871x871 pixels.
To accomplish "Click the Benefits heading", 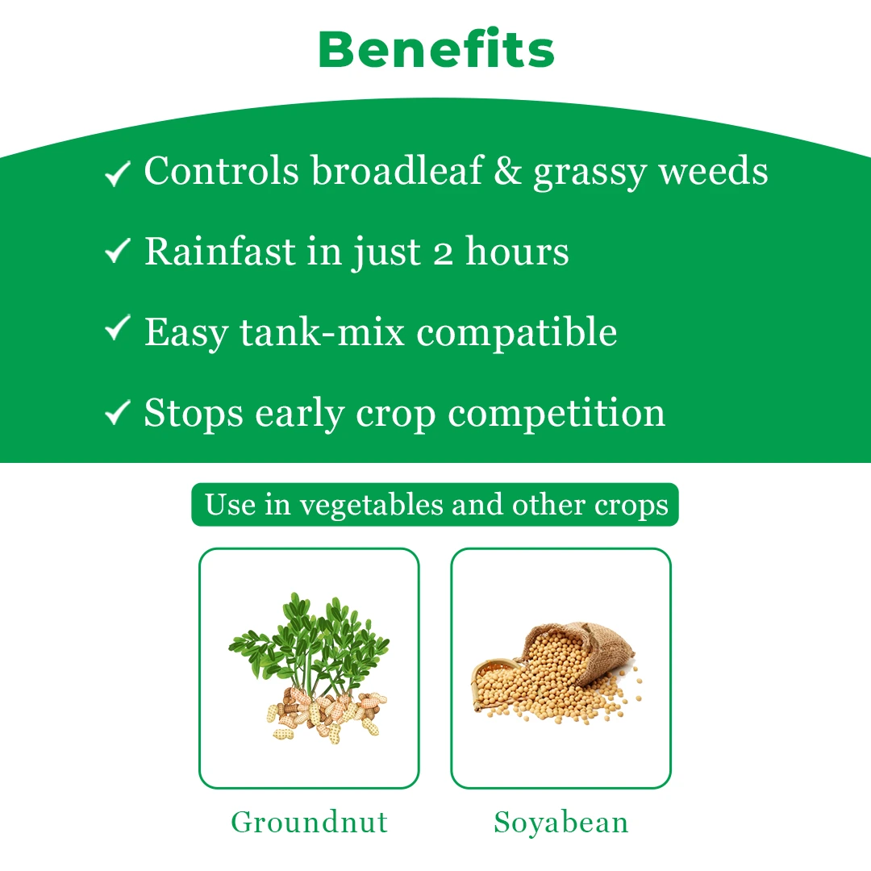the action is point(436,49).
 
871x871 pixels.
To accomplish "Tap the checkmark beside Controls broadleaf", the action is point(117,173).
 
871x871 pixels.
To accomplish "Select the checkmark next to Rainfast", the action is point(117,250).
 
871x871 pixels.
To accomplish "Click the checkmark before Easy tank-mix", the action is point(117,327).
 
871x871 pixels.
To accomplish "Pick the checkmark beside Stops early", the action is point(117,412).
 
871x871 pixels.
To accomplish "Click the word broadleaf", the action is point(397,170).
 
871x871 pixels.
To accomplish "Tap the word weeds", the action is point(713,170).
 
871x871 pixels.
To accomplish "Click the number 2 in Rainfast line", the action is point(443,253).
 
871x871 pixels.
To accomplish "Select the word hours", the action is point(517,251).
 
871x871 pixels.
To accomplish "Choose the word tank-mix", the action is point(322,332).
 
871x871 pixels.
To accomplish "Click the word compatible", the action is point(517,333).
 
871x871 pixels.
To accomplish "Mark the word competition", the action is point(556,414).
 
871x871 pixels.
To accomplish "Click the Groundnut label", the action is point(309,822).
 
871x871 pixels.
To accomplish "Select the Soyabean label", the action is point(561,822).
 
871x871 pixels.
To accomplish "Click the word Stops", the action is point(194,414).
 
